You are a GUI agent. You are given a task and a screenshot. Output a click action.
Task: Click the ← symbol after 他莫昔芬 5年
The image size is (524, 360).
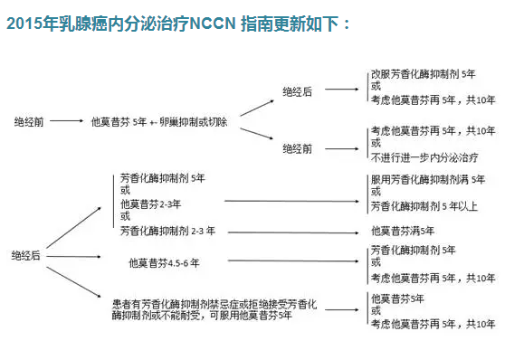[154, 121]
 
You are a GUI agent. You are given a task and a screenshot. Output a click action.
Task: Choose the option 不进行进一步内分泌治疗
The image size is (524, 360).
[421, 156]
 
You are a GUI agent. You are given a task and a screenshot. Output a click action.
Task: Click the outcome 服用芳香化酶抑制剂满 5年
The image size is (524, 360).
[427, 180]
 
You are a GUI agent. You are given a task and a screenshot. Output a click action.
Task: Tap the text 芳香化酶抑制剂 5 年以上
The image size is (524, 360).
[424, 205]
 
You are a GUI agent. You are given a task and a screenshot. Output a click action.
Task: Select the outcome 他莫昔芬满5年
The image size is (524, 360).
[403, 232]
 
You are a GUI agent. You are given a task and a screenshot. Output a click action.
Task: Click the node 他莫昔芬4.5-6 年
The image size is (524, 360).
[164, 263]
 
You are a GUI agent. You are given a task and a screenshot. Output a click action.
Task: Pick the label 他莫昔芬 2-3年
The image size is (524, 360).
[150, 204]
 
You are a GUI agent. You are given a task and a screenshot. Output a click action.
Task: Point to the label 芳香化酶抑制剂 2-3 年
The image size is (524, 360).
[167, 232]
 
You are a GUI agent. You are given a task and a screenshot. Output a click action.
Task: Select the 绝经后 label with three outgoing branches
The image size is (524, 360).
[26, 256]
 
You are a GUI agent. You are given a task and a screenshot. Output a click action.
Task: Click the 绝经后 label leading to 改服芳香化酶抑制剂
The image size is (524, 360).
[297, 91]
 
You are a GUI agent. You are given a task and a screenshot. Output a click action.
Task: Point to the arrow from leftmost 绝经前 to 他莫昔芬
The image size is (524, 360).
[68, 121]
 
